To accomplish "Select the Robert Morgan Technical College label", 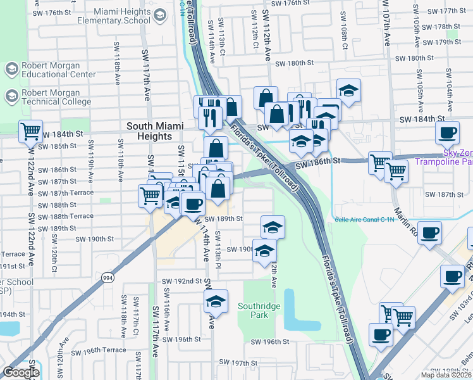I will point(57,96).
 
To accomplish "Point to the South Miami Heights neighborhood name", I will point(149,131).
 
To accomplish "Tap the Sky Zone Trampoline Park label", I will point(450,158).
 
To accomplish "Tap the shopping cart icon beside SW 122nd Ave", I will point(30,132).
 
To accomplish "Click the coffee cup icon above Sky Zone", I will point(448,133).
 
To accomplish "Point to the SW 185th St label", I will point(62,146).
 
